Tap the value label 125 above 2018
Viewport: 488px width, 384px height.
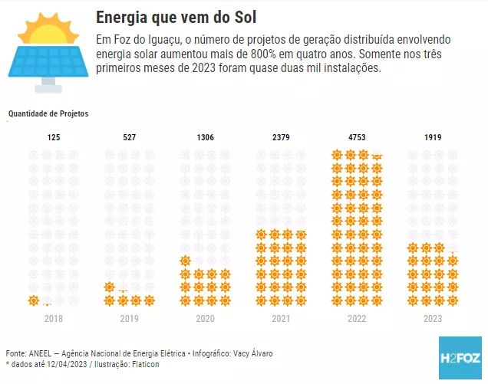click(x=53, y=138)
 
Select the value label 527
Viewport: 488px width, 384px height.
click(x=129, y=138)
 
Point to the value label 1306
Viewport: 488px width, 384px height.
click(x=205, y=138)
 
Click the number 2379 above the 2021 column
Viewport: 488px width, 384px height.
click(x=281, y=138)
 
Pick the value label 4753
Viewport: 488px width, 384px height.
click(x=357, y=138)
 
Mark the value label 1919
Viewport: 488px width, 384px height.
click(x=433, y=138)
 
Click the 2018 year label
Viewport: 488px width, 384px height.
click(x=53, y=318)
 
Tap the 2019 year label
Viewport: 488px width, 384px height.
click(x=129, y=318)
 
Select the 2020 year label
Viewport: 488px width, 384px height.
click(x=205, y=318)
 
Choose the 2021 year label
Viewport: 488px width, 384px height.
click(x=281, y=318)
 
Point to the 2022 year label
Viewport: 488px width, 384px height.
click(x=357, y=318)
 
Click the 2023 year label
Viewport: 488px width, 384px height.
click(x=433, y=318)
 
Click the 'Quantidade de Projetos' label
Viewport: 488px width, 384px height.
click(x=48, y=113)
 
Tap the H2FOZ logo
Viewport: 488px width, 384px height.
click(x=460, y=358)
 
